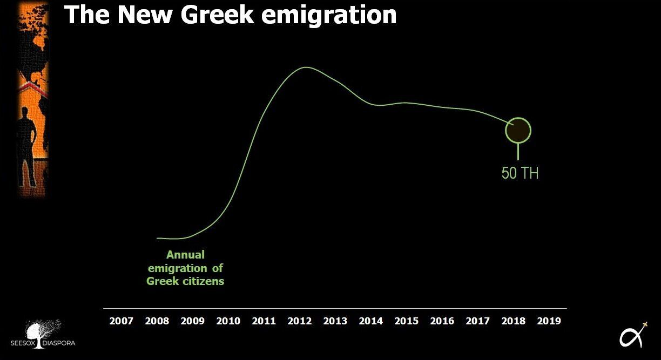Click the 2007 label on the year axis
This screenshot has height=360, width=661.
click(121, 321)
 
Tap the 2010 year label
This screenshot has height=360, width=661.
click(228, 321)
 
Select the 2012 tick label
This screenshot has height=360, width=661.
click(299, 321)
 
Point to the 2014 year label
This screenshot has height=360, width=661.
click(370, 321)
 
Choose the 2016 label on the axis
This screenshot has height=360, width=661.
click(442, 321)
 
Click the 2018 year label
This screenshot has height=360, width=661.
click(513, 321)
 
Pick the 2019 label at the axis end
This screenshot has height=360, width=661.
click(549, 321)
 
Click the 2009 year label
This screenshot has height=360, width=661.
click(192, 321)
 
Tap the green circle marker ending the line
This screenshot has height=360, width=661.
click(518, 130)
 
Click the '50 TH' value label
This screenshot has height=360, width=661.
click(520, 173)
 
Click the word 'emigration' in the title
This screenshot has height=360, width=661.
click(329, 15)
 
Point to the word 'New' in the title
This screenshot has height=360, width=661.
click(142, 15)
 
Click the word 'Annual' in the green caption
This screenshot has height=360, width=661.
click(185, 255)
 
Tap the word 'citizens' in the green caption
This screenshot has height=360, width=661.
click(203, 281)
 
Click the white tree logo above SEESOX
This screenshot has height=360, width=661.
click(43, 332)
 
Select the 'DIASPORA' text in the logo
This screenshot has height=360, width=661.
click(59, 343)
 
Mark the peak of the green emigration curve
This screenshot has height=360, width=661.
click(306, 67)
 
